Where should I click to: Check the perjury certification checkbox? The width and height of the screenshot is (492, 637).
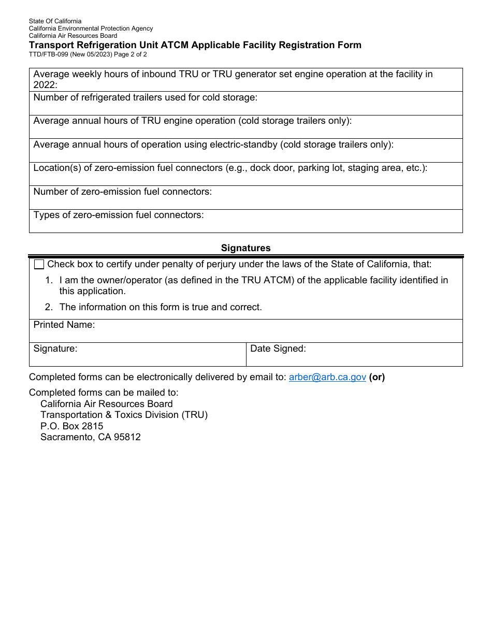(39, 265)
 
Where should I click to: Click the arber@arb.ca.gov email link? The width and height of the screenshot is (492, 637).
(327, 377)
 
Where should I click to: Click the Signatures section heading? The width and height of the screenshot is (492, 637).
(245, 248)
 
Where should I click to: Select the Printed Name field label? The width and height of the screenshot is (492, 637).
(64, 325)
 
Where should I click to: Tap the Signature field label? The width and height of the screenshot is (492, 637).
(55, 349)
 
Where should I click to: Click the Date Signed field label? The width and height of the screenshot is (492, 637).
(278, 349)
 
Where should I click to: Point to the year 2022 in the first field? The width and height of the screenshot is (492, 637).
(44, 85)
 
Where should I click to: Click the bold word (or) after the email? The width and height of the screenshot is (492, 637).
(377, 377)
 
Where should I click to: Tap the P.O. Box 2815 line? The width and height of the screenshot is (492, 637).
(71, 426)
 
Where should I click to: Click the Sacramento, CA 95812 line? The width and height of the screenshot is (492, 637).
(91, 437)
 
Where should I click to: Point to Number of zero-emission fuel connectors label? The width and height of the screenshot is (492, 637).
(123, 192)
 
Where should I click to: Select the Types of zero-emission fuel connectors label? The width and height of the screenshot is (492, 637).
(119, 215)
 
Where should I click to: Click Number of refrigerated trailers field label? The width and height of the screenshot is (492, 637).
(146, 97)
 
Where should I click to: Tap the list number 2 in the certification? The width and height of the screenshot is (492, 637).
(49, 307)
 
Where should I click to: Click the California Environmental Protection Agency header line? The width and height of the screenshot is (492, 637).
(91, 28)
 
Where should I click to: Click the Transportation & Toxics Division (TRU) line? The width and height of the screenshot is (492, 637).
(124, 415)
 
